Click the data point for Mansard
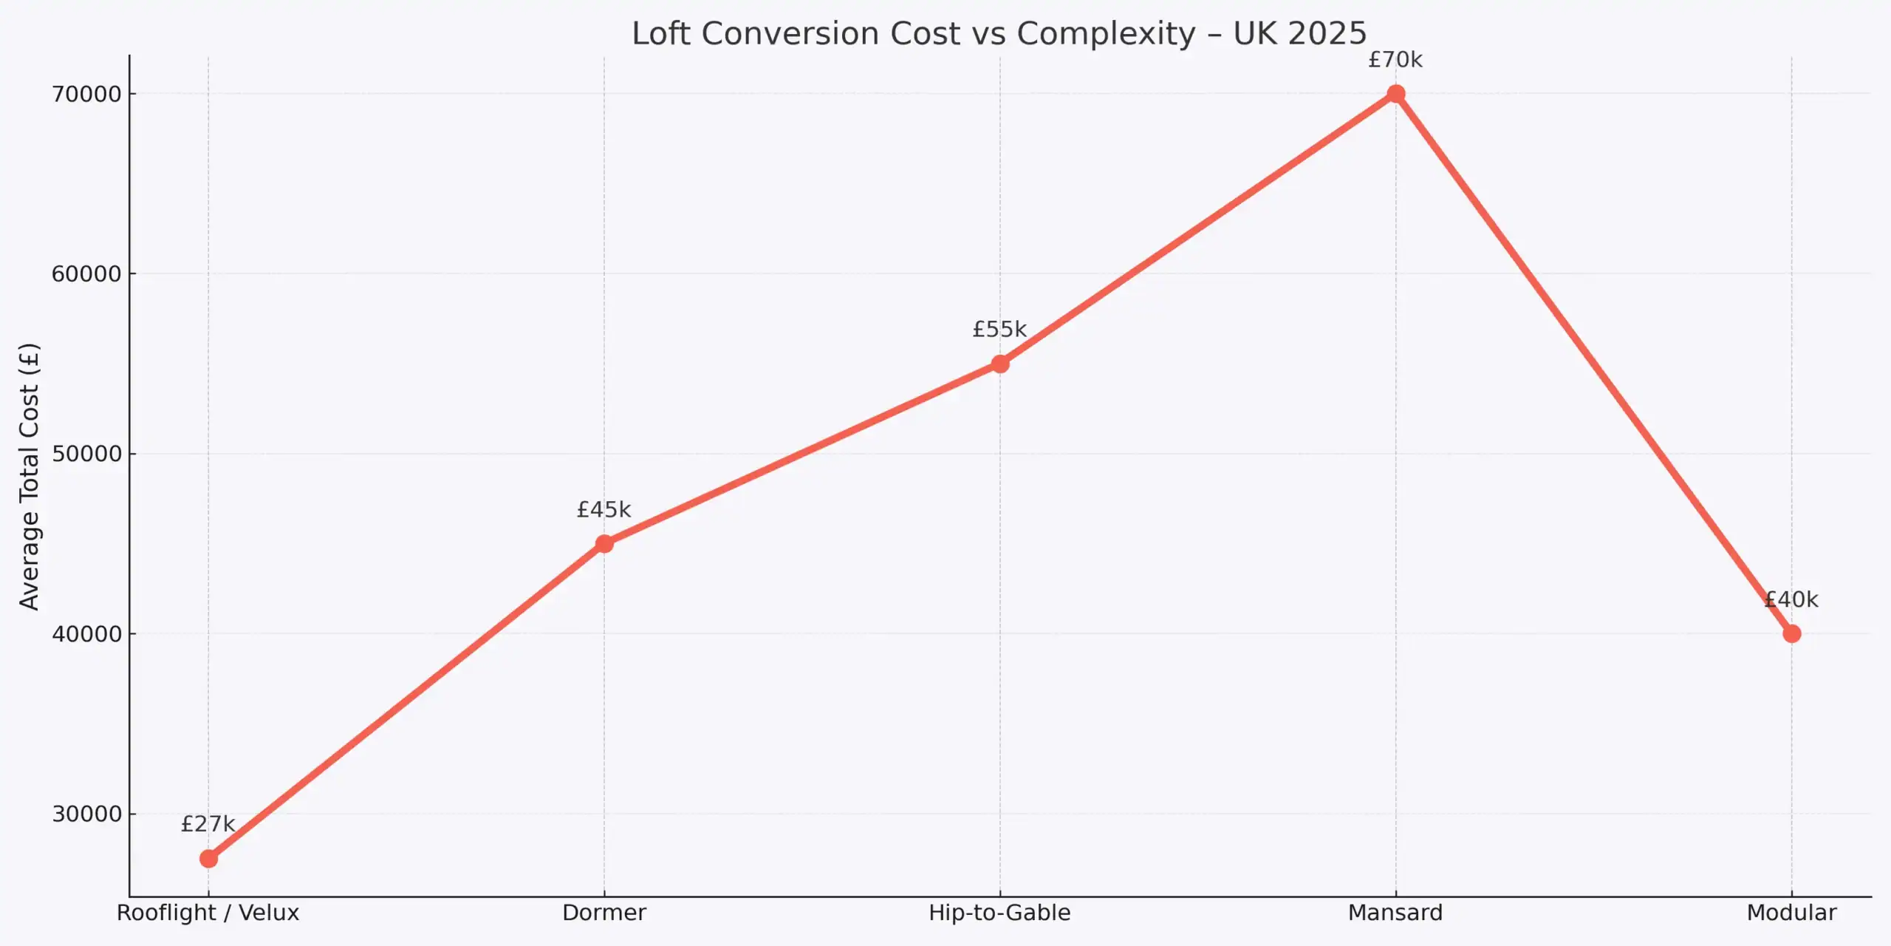(1395, 94)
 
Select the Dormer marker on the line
(604, 544)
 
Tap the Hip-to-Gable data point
(999, 364)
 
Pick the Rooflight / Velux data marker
(208, 859)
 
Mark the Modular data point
(1791, 633)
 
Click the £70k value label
(1395, 60)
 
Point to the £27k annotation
(208, 824)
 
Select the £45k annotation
(603, 510)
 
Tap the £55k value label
(999, 330)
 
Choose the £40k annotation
(1791, 599)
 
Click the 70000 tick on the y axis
(86, 95)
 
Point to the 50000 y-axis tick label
(86, 454)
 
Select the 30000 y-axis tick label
(86, 814)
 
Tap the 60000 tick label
(86, 274)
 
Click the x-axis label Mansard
(1395, 913)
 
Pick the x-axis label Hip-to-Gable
(999, 913)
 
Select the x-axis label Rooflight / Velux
(208, 913)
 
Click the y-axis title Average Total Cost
(29, 477)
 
